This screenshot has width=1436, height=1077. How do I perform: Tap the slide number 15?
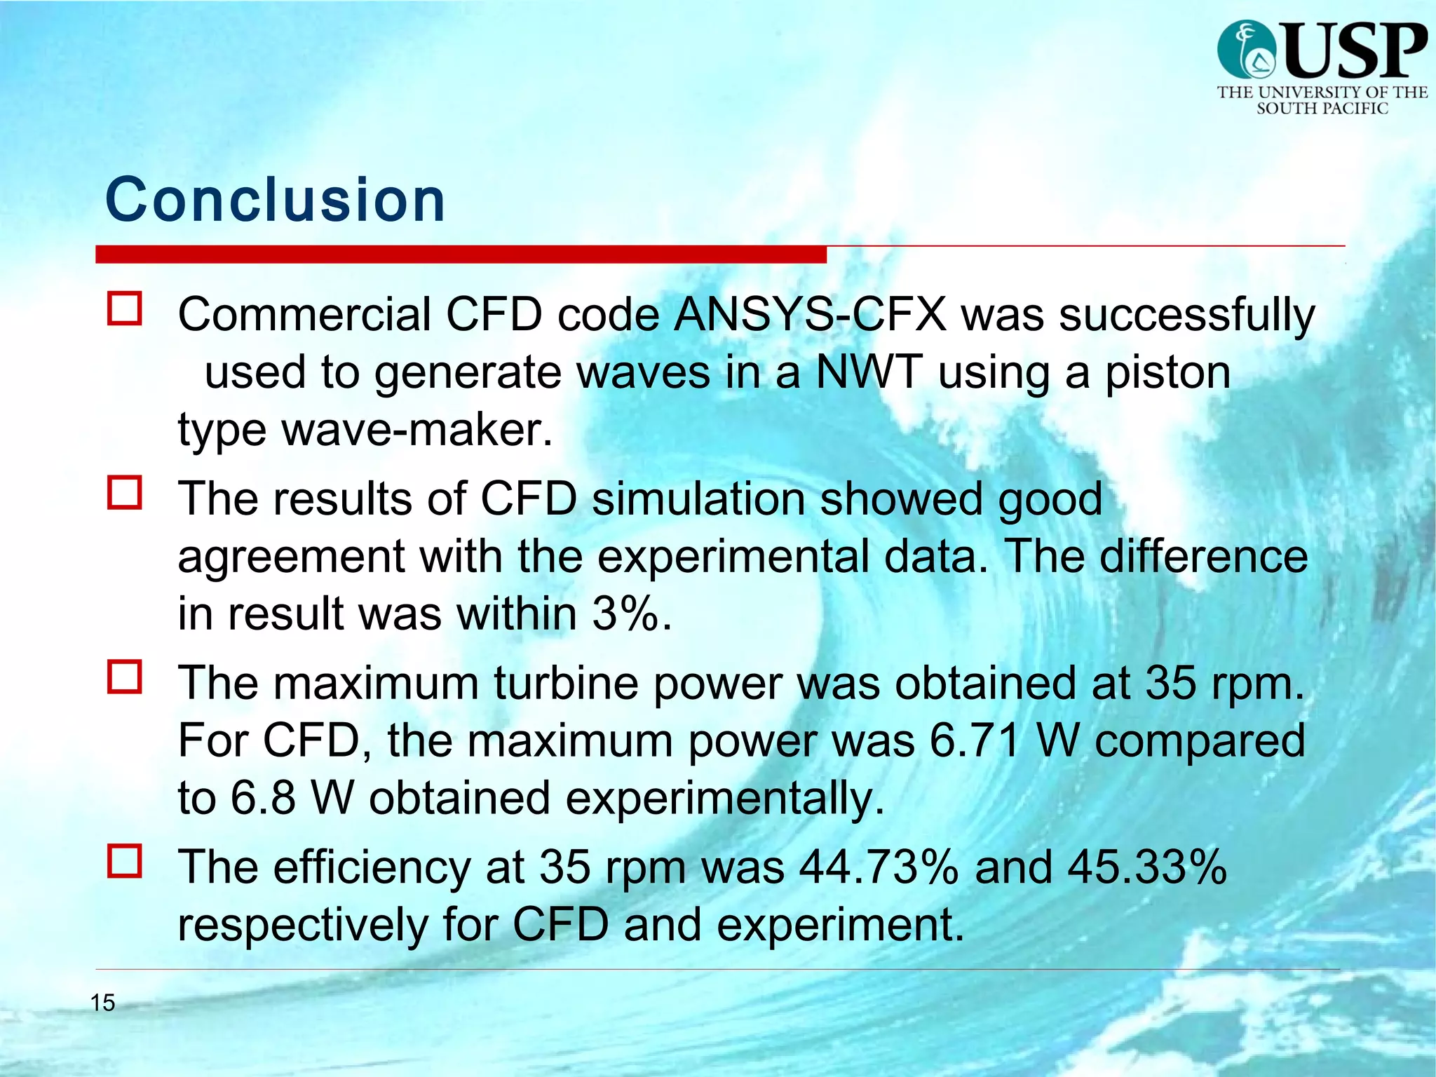[102, 1003]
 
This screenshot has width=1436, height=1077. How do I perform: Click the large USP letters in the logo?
[1355, 50]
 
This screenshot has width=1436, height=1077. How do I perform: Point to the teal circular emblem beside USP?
[1246, 49]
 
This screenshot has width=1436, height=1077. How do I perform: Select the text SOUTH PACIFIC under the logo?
[1322, 109]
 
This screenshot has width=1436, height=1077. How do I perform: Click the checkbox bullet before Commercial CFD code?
[125, 309]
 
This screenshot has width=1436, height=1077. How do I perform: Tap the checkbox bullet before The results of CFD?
[125, 492]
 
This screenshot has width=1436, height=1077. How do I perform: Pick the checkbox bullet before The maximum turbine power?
[125, 677]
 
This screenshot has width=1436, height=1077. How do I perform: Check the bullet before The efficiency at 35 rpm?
[125, 861]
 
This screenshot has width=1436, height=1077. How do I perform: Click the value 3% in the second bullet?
[625, 614]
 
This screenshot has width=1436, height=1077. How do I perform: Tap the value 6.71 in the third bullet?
[975, 740]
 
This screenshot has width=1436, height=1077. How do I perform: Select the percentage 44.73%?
[879, 867]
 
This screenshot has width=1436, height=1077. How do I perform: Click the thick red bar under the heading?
[461, 254]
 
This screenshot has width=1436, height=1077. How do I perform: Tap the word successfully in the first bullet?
[1186, 316]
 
